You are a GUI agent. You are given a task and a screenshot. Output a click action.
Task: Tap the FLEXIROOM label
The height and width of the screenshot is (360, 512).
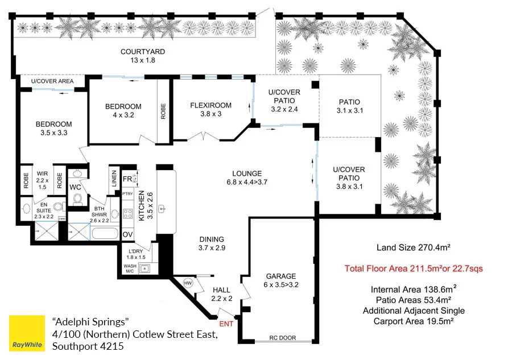[x=210, y=105]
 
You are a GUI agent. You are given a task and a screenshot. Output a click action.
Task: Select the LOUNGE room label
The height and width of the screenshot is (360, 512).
[x=246, y=173]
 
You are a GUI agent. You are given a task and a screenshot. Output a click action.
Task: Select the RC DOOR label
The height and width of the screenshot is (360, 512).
[x=283, y=338]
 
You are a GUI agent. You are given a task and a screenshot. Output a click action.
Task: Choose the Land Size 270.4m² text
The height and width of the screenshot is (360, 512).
[x=414, y=247]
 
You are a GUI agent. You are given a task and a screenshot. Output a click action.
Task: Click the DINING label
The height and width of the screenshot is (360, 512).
[x=211, y=239]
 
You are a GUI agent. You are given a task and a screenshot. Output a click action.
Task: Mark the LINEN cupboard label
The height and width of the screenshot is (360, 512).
[x=114, y=178]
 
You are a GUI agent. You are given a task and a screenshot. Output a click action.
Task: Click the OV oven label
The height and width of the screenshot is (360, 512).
[x=127, y=234]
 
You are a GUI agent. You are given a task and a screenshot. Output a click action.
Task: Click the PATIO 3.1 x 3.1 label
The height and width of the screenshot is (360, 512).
[x=349, y=106]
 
